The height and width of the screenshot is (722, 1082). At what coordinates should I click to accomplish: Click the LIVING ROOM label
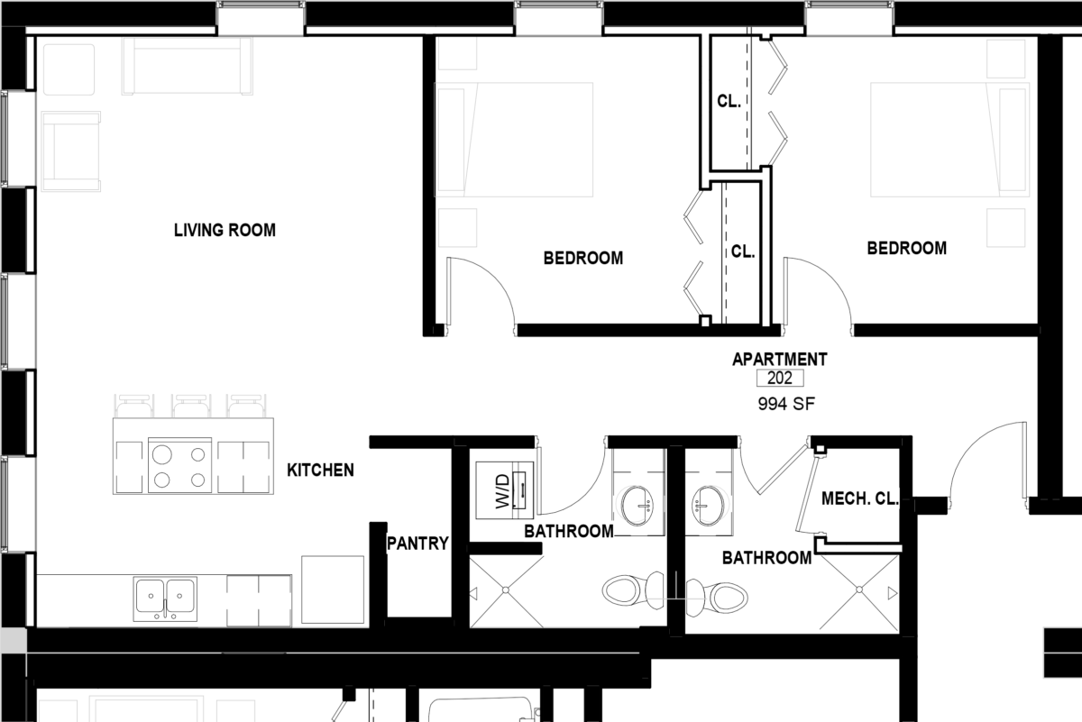[x=225, y=231]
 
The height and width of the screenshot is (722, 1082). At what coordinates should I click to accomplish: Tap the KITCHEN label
[x=320, y=471]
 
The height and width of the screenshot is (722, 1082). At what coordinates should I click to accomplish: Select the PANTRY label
[x=417, y=544]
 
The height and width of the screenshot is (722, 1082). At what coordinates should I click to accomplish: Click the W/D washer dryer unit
[x=506, y=489]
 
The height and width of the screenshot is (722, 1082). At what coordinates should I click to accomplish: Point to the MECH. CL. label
[x=859, y=498]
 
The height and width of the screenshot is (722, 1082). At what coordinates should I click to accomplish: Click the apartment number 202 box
[x=779, y=379]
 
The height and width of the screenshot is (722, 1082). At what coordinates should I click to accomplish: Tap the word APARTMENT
[x=779, y=360]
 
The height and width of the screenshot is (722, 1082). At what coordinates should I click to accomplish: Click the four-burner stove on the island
[x=179, y=466]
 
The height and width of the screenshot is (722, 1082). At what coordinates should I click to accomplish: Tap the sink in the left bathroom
[x=639, y=501]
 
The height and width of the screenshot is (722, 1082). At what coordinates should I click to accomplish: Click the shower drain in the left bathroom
[x=506, y=590]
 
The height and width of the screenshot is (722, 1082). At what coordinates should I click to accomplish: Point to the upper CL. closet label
[x=729, y=102]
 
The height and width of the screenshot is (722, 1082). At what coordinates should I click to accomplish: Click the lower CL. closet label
[x=742, y=252]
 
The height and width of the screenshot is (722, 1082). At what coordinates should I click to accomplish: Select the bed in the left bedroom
[x=514, y=140]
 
